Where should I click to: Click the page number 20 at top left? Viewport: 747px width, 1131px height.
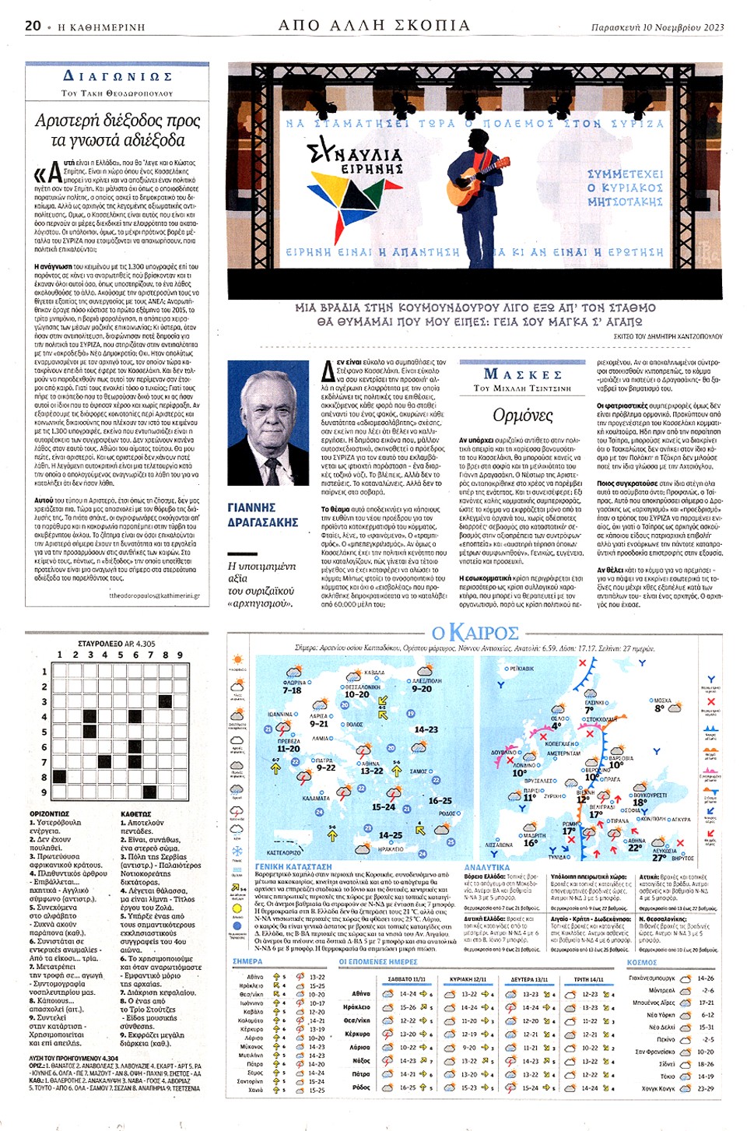(33, 26)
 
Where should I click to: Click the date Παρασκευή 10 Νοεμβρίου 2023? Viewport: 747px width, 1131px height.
(657, 27)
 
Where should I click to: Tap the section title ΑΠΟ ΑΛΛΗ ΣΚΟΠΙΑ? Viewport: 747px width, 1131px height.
(374, 26)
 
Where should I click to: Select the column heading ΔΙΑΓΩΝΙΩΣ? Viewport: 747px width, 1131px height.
(117, 76)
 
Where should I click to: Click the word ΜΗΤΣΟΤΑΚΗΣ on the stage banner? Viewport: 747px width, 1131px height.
(625, 202)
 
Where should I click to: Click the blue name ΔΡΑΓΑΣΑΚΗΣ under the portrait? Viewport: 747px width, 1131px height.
(263, 522)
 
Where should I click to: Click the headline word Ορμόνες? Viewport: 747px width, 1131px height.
(522, 415)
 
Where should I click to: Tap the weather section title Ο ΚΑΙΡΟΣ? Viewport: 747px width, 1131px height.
(475, 632)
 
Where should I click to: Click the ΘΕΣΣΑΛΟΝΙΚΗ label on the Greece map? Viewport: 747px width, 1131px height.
(363, 687)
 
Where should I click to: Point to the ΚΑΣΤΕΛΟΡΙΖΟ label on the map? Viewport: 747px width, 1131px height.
(284, 853)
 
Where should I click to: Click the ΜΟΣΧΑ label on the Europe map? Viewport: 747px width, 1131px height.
(662, 701)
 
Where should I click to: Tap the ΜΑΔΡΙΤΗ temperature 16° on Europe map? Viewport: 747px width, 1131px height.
(531, 842)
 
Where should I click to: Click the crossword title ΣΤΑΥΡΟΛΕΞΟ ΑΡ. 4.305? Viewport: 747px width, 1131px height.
(117, 644)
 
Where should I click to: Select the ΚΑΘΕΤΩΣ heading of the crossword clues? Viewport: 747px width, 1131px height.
(136, 814)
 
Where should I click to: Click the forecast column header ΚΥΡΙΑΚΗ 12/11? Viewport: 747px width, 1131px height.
(468, 979)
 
